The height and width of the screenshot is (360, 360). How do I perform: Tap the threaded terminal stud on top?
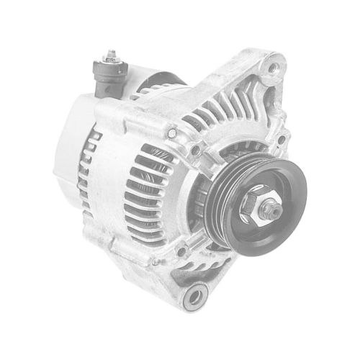[x=110, y=54]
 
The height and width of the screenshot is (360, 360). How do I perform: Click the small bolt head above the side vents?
[x=171, y=132]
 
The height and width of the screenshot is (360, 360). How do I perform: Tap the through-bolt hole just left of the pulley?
[x=196, y=150]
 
